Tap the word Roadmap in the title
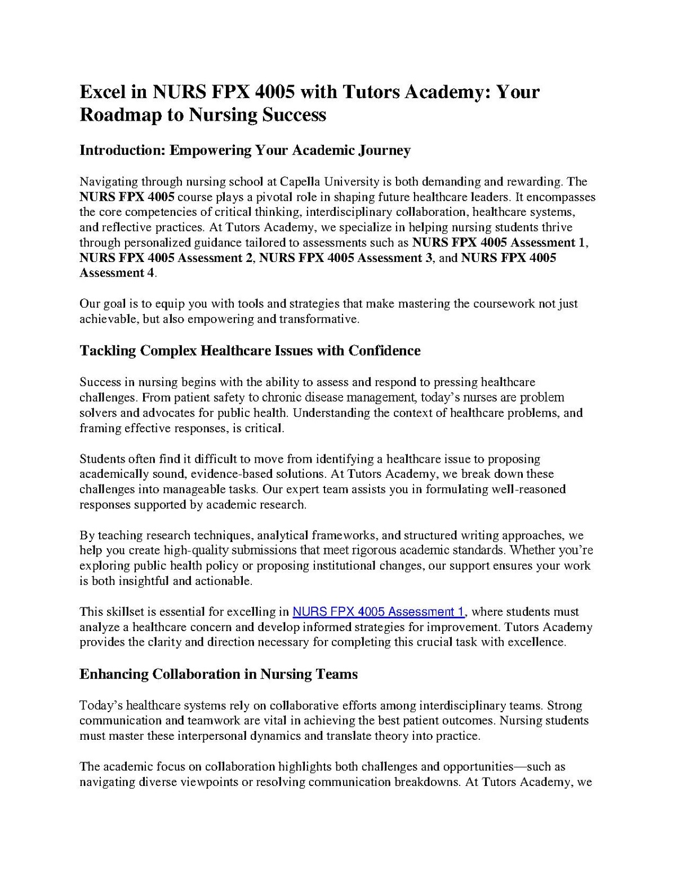coord(119,114)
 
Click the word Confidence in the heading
coord(384,351)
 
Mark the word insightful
coord(143,581)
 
